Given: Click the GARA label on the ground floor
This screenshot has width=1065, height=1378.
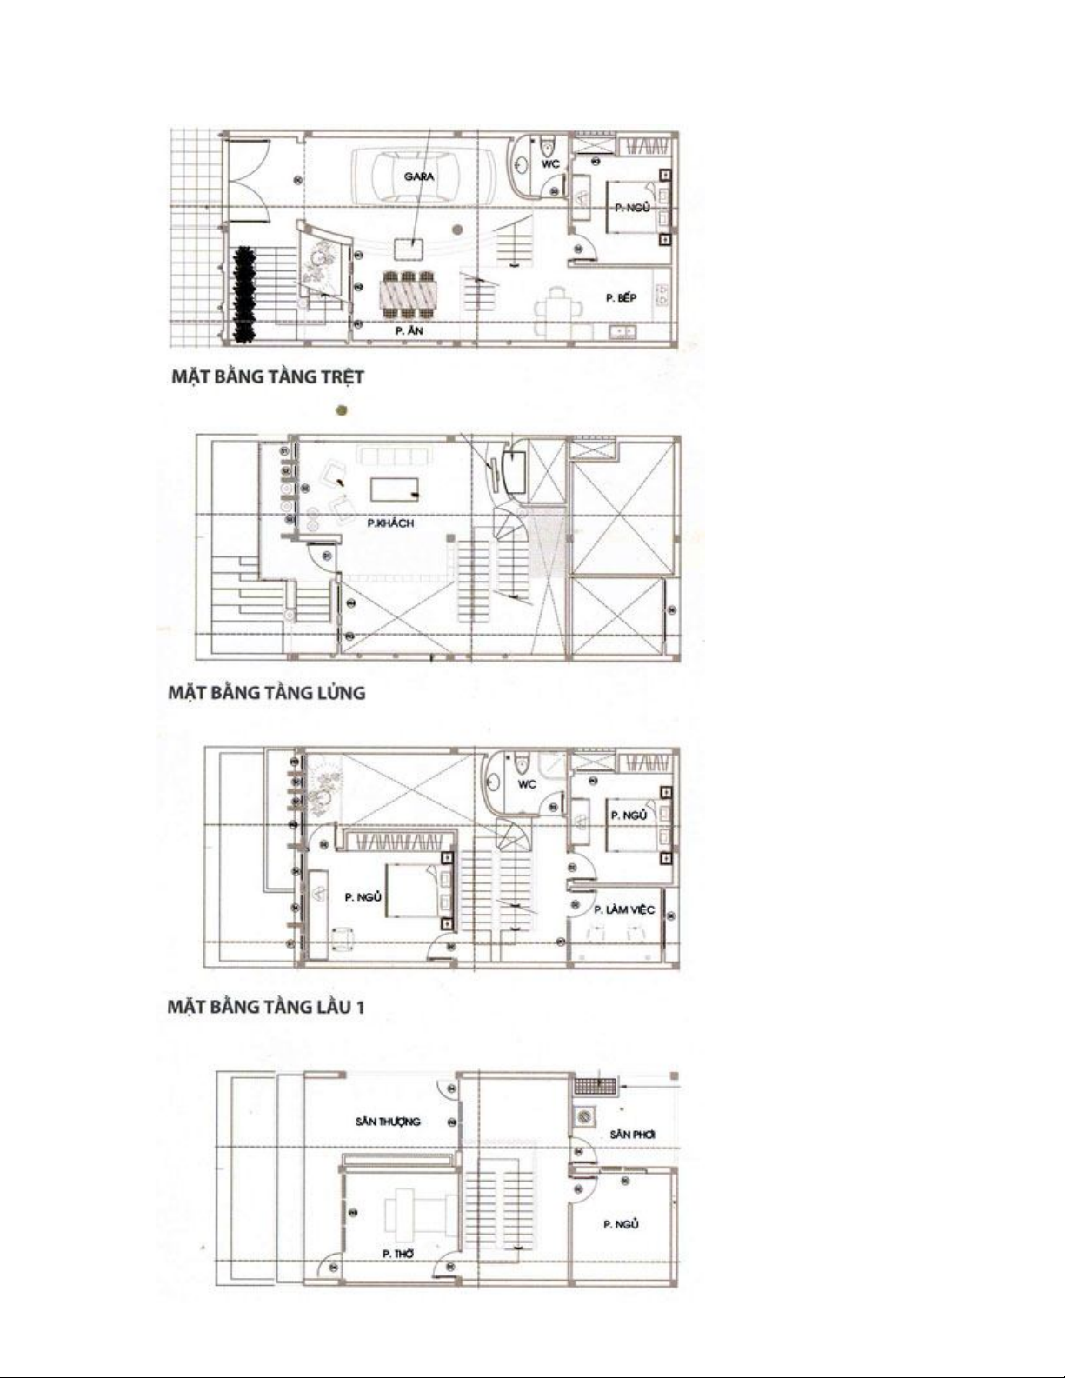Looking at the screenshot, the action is [x=419, y=176].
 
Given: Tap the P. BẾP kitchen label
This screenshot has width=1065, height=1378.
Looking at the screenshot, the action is [x=621, y=298].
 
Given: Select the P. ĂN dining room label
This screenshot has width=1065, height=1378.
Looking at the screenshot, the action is [x=409, y=330].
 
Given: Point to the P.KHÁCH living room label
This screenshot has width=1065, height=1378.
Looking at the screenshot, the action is [x=390, y=523].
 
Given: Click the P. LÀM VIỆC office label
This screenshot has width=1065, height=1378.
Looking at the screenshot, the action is [x=624, y=909].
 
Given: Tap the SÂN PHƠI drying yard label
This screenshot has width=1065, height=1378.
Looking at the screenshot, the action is [x=632, y=1134].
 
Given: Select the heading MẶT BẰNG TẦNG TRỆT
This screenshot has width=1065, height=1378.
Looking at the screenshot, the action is [x=268, y=376].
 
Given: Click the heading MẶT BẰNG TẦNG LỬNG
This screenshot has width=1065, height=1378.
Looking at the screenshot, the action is [x=266, y=692].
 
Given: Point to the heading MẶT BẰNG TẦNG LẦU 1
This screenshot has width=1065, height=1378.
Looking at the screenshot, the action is [x=266, y=1007].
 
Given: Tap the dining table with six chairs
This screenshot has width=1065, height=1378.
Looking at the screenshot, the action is [x=409, y=295].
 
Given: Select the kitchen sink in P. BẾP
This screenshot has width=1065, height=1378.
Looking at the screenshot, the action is [x=622, y=331].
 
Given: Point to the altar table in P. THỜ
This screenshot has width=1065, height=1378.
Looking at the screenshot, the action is [x=420, y=1212].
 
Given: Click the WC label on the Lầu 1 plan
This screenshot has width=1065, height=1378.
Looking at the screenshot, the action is [x=527, y=784].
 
